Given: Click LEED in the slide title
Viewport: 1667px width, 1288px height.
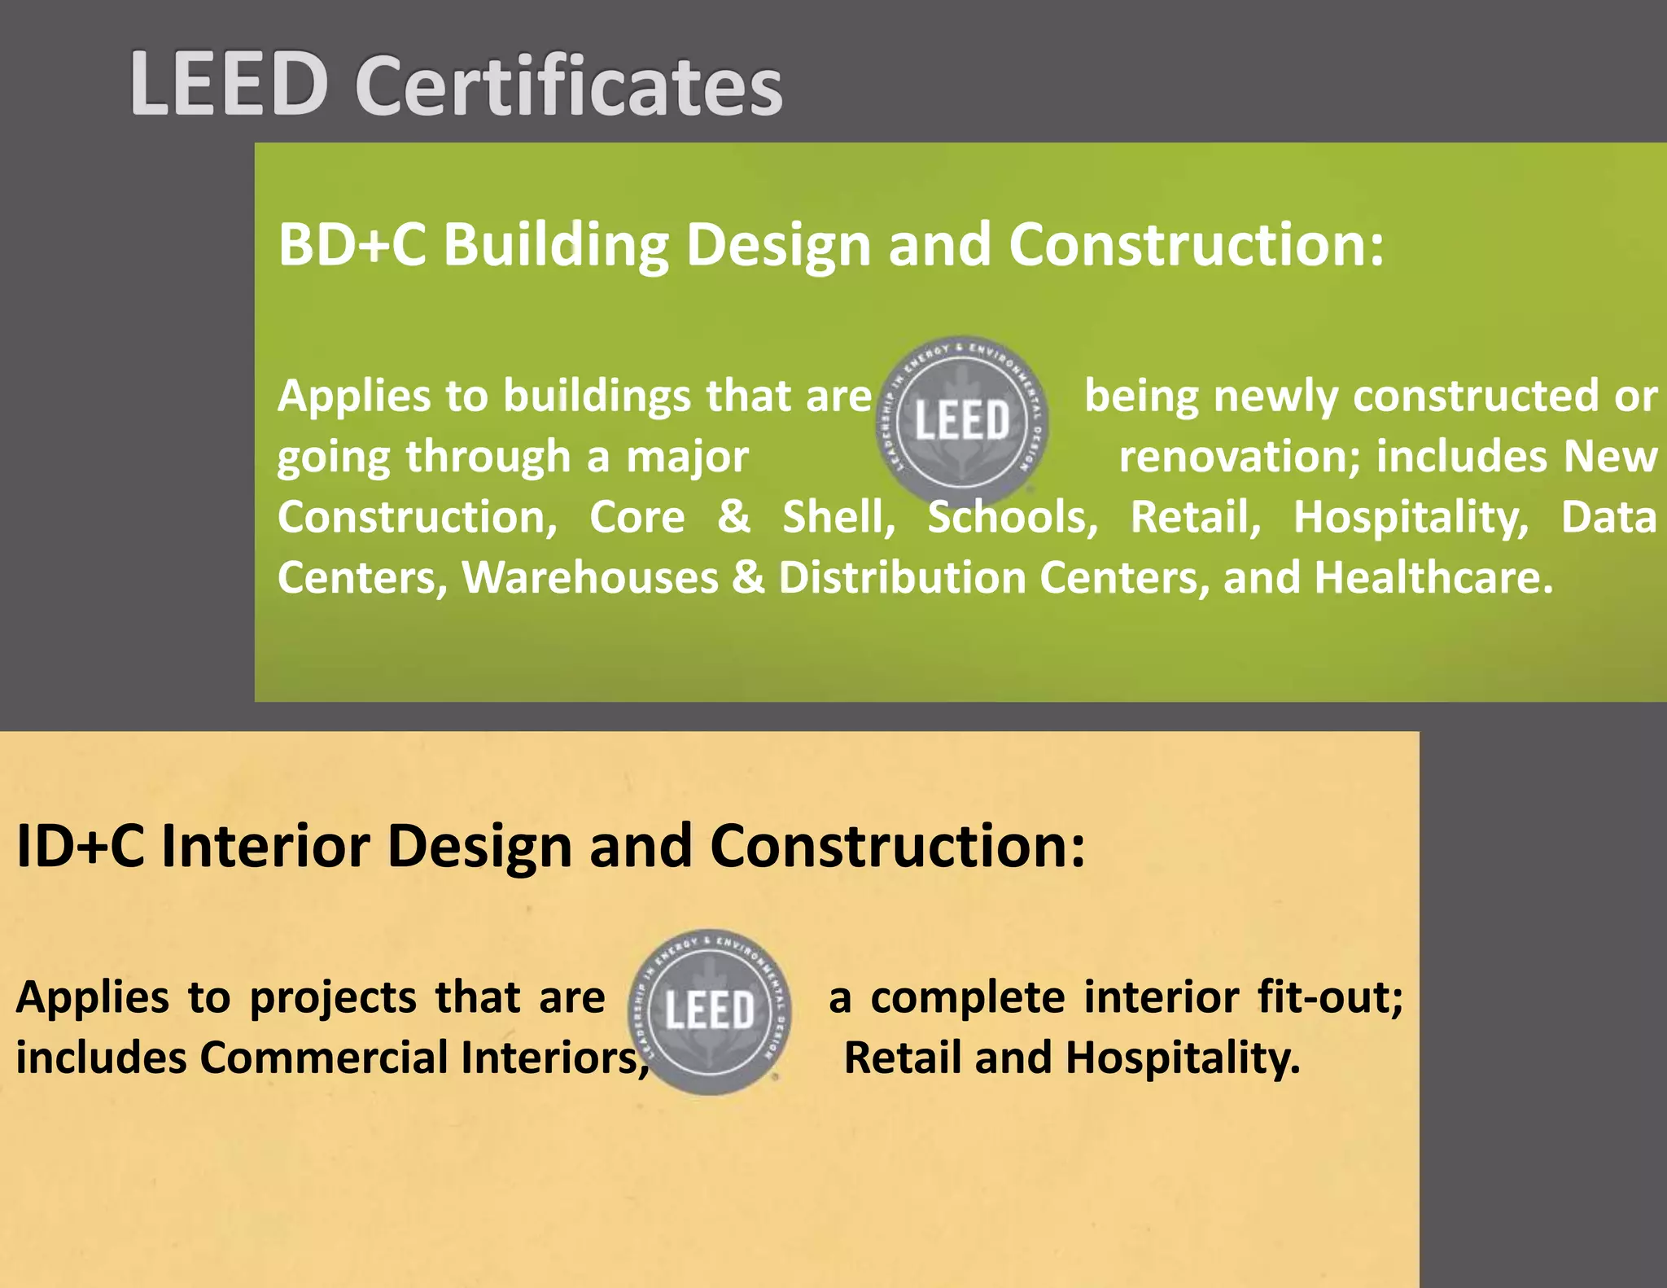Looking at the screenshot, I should tap(229, 85).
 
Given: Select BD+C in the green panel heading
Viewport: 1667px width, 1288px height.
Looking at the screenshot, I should tap(352, 244).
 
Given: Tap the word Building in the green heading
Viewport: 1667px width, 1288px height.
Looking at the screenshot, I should tap(556, 246).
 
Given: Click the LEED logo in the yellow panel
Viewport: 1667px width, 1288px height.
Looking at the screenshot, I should tap(710, 1011).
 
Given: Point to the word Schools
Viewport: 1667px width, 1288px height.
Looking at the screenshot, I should tap(1013, 517).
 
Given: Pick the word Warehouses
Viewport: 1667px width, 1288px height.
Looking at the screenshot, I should tap(590, 577).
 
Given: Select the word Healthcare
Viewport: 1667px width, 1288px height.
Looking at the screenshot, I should tap(1433, 577).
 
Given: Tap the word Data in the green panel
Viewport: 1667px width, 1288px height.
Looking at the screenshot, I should tap(1608, 517).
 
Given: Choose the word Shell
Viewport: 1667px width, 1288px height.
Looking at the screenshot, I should tap(838, 517).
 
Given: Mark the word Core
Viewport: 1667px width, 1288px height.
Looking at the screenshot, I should tap(637, 517).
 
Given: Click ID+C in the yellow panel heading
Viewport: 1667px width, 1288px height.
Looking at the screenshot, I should tap(80, 847).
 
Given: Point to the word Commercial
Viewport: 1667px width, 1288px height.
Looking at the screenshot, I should tap(324, 1058).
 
